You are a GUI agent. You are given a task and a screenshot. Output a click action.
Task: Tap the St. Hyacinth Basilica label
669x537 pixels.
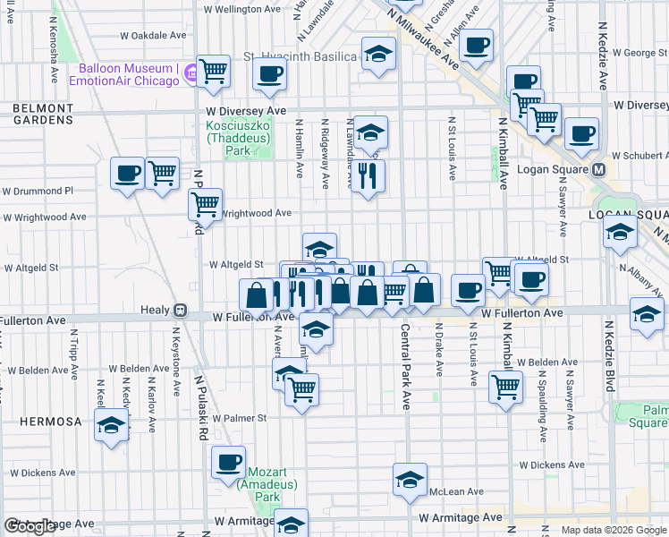[x=301, y=56]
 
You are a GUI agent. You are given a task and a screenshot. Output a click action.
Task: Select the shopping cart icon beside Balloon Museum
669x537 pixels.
[x=213, y=71]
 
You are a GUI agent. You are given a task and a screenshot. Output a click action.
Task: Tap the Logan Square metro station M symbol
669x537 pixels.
[x=599, y=169]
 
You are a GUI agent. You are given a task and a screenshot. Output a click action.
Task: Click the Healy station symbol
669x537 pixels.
[x=180, y=311]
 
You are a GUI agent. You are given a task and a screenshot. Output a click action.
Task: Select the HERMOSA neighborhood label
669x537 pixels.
[x=41, y=421]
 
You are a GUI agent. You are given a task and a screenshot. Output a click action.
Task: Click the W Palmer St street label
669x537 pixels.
[x=239, y=418]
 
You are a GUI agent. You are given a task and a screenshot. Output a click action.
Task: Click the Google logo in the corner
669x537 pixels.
[x=30, y=526]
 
